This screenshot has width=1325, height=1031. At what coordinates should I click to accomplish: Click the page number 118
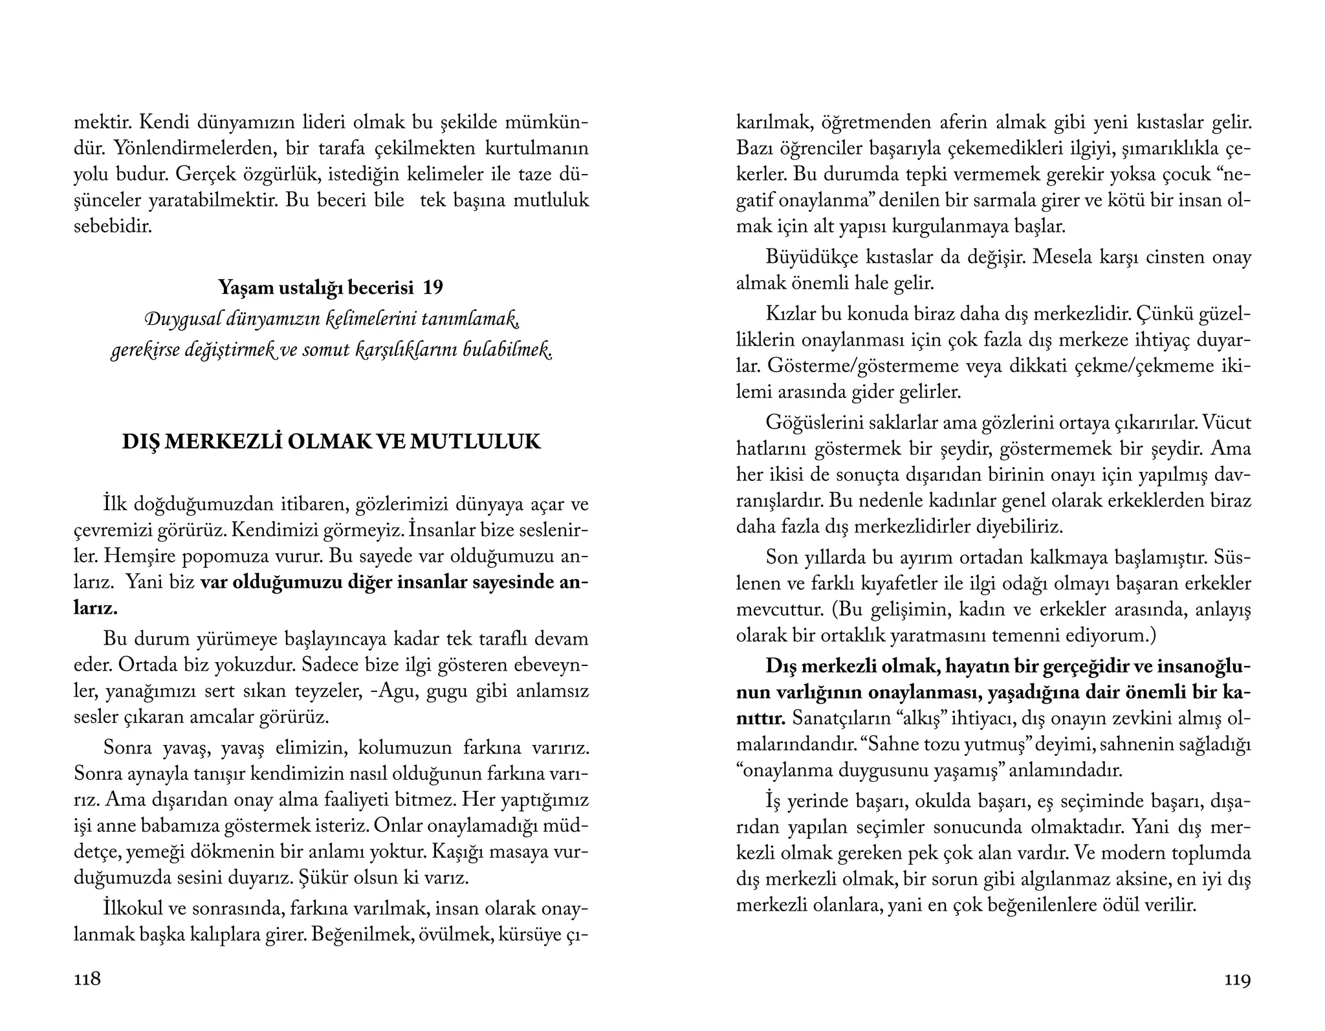point(87,979)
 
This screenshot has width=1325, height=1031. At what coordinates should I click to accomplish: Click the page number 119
point(1237,980)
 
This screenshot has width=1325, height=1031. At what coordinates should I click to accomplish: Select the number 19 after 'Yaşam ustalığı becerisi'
point(433,287)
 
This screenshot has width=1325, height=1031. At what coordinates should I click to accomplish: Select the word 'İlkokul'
point(132,909)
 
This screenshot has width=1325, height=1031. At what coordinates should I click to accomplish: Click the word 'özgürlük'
point(287,175)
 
